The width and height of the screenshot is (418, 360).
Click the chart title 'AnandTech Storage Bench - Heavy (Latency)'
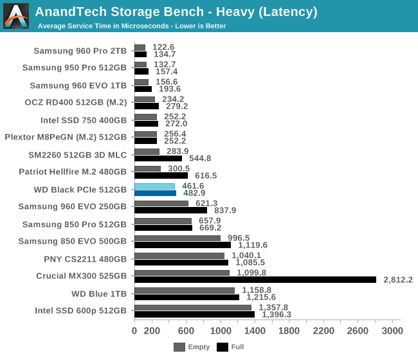pos(176,11)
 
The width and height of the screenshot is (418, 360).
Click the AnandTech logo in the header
pos(16,16)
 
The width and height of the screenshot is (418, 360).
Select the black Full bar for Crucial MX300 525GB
pos(255,280)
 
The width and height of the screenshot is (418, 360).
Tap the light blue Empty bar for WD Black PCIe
pos(154,186)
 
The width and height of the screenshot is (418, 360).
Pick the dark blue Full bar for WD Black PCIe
pos(155,193)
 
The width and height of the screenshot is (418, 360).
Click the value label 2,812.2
pos(396,280)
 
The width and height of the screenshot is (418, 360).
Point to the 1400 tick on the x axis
pos(255,330)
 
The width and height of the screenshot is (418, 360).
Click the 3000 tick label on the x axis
pos(392,330)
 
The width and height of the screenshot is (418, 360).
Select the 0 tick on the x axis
pos(134,330)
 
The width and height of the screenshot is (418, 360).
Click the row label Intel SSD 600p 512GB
pos(80,310)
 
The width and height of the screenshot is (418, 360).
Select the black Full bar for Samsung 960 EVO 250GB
pos(170,210)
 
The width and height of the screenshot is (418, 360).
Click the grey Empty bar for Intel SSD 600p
pos(192,307)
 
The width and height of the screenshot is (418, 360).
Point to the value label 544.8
pos(198,158)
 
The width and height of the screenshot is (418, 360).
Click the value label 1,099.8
pos(250,273)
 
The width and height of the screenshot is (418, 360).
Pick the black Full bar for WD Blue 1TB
pos(186,297)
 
